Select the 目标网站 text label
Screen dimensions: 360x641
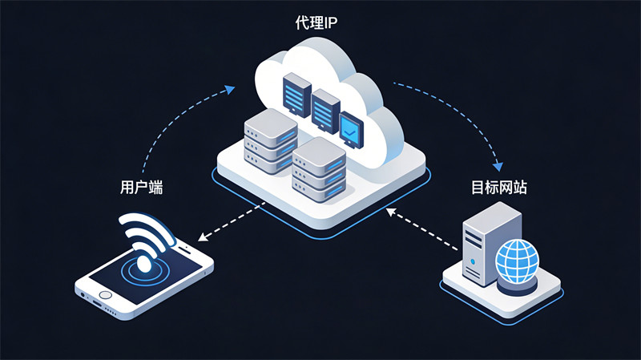[x=498, y=188]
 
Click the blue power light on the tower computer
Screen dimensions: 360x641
[x=474, y=262]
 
